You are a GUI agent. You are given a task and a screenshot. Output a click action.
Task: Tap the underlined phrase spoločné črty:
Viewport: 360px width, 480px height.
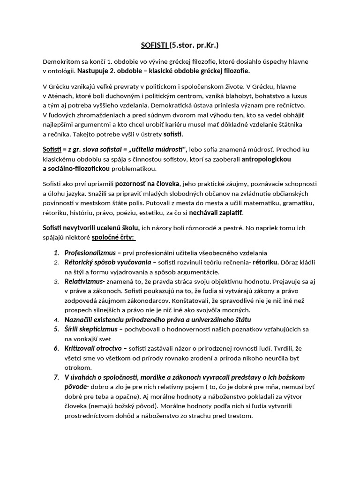(112, 237)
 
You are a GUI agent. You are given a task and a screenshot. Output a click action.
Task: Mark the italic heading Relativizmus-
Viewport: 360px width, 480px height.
(85, 282)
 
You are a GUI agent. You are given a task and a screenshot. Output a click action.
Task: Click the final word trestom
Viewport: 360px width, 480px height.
(240, 416)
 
